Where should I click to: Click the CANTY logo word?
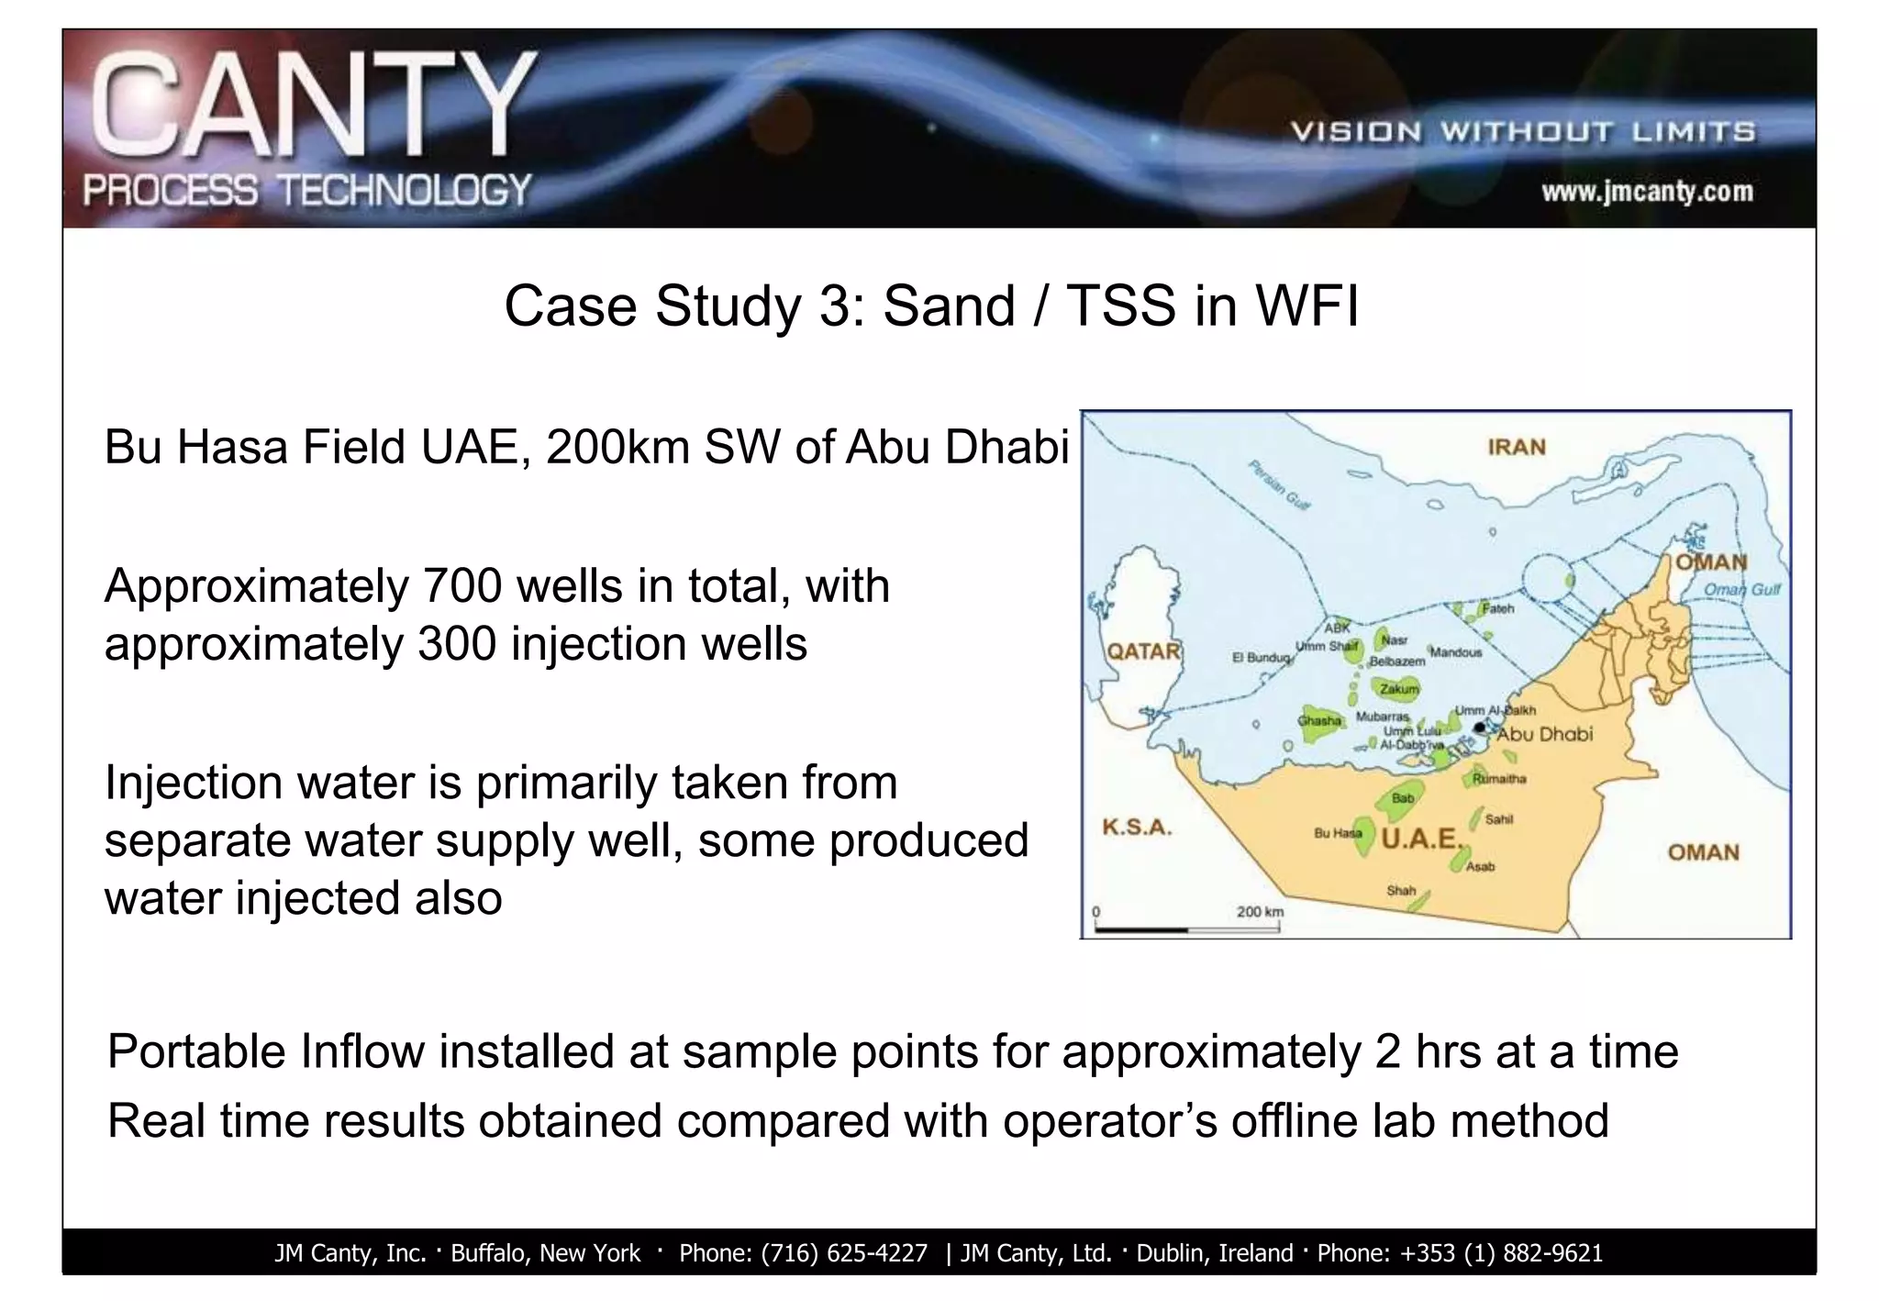313,106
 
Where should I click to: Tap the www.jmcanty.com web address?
1647,192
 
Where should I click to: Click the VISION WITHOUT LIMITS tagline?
1523,132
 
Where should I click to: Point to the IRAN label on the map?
1517,448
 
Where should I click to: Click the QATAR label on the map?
1143,651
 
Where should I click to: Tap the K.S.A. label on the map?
1137,827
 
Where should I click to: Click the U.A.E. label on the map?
1420,839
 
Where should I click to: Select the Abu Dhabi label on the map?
1545,734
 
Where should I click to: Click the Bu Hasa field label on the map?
1337,833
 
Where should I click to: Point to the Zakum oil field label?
1399,689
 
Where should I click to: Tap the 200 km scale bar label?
1260,912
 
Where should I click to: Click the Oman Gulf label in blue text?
1741,590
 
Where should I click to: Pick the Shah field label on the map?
1400,890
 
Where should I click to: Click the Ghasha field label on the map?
1319,721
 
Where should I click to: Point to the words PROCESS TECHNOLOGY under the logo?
307,191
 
